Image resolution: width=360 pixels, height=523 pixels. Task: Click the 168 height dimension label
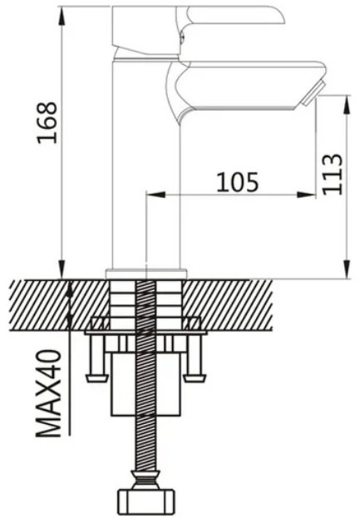coord(47,122)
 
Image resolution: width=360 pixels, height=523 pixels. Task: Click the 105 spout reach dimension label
coord(238,182)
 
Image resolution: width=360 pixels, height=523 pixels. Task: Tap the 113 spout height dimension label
coord(333,174)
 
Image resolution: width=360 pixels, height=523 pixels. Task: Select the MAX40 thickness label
coord(49,393)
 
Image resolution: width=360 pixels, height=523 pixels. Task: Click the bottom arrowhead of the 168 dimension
coord(62,269)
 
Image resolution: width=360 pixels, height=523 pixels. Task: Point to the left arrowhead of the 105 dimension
coord(156,194)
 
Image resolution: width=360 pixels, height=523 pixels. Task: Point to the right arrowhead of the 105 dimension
coord(306,194)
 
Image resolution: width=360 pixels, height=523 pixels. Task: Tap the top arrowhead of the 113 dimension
coord(348,105)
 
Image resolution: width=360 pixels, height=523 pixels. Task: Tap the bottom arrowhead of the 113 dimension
coord(348,269)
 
